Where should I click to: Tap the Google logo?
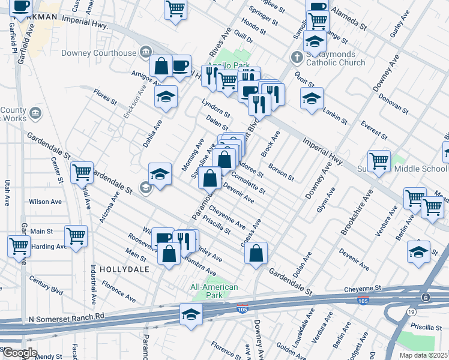click(x=19, y=353)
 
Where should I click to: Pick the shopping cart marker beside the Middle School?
click(x=379, y=161)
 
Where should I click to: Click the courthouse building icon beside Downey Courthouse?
click(x=145, y=53)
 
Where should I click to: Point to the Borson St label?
click(x=281, y=172)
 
